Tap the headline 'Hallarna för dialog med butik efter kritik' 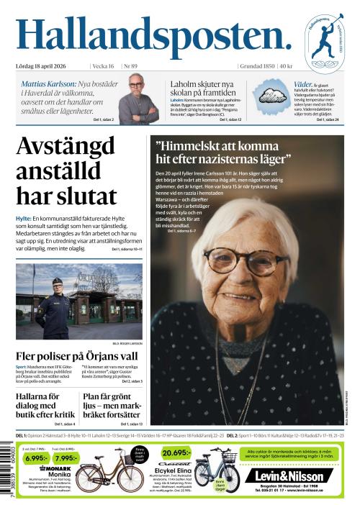(x=45, y=405)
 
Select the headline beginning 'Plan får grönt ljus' (x=112, y=405)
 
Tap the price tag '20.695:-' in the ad (x=176, y=453)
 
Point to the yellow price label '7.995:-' (x=66, y=458)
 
